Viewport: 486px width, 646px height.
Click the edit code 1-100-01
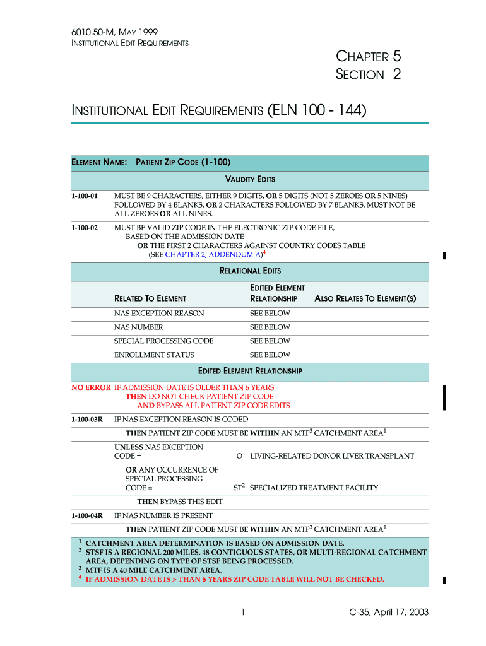84,196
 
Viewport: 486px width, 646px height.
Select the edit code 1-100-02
84,227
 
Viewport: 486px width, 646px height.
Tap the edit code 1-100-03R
86,419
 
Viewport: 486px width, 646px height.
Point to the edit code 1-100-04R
86,515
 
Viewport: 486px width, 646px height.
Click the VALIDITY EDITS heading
250,180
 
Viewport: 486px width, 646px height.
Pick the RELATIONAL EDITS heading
250,271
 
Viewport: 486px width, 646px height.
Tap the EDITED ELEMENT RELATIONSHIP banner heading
250,371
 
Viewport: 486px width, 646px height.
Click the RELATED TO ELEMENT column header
150,298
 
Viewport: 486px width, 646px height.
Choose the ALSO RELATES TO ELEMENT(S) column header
365,298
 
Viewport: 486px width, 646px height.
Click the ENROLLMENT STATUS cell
154,355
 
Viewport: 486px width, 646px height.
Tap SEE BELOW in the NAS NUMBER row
270,327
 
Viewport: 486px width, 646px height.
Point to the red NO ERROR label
90,387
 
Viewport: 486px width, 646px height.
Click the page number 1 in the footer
243,611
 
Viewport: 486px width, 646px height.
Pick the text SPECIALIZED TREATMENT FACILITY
314,488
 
